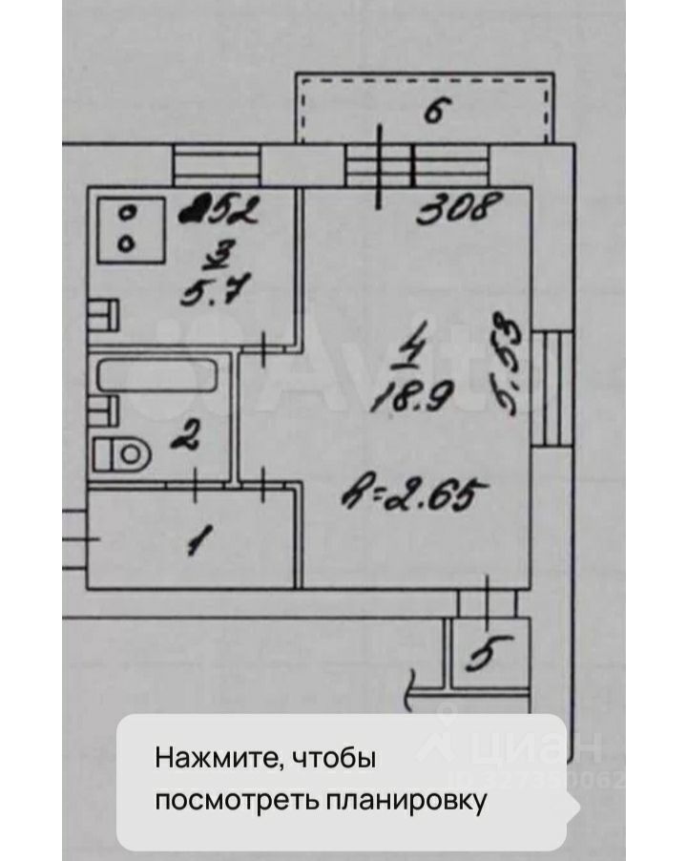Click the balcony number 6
[x=434, y=114]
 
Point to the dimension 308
[x=460, y=207]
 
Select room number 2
[x=187, y=439]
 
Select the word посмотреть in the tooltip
[x=229, y=799]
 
